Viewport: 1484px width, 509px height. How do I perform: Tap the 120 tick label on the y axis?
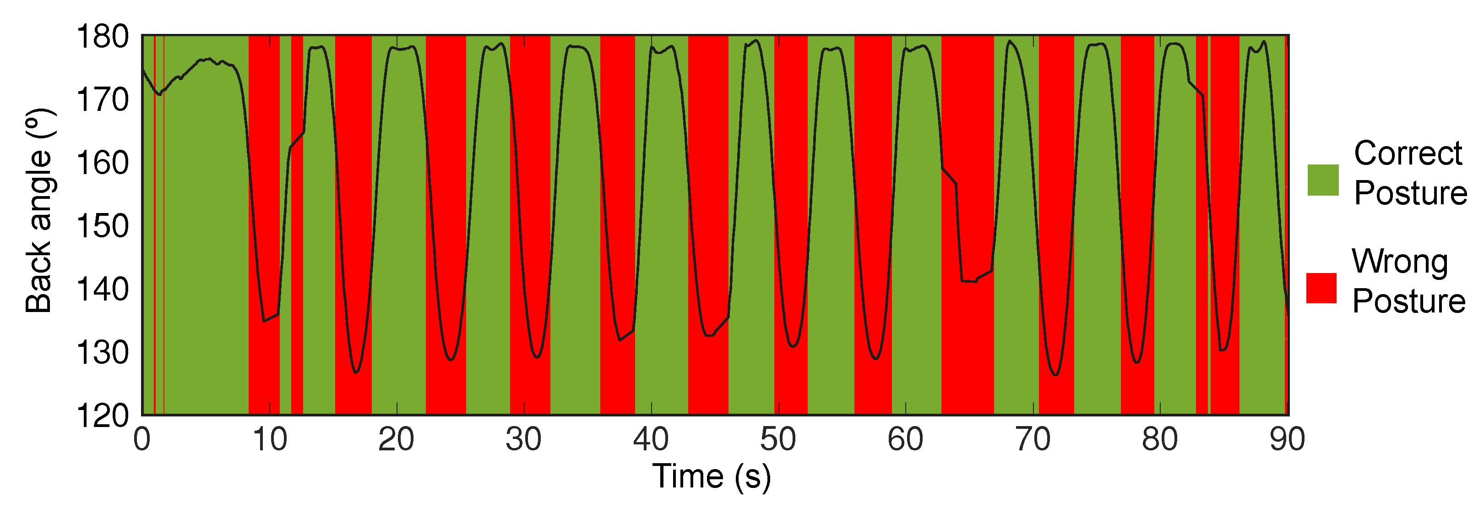103,416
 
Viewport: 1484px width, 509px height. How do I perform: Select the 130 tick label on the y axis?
103,353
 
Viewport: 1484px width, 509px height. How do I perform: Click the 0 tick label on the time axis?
142,440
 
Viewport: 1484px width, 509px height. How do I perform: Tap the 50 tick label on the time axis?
778,440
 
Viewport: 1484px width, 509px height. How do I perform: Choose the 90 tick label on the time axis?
1287,440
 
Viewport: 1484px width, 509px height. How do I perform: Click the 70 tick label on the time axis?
1033,440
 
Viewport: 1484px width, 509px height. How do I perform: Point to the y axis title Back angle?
39,211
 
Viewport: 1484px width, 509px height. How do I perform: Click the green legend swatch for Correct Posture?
1323,180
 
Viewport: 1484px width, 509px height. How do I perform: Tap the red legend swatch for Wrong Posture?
1321,288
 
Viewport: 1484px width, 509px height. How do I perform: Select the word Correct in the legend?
1408,153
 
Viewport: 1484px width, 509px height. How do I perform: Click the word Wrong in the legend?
1400,262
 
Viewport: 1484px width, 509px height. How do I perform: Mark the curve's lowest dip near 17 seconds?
356,372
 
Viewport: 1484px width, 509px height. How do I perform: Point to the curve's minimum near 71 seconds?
1055,375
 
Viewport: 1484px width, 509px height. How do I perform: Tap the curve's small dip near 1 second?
159,94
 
